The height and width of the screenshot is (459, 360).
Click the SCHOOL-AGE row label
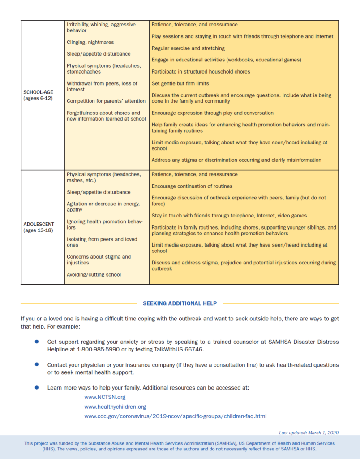38,92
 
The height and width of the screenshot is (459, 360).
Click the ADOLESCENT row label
38,224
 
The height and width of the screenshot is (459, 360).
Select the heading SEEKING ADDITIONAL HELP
180,303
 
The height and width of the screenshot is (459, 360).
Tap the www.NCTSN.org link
105,397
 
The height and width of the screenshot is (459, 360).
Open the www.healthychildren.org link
115,407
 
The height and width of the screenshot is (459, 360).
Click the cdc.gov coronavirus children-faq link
175,416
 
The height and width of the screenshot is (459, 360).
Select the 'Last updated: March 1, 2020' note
309,433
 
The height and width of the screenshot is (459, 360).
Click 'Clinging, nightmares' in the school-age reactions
90,42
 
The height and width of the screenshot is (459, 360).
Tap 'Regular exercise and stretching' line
188,48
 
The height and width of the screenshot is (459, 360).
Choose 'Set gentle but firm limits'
180,83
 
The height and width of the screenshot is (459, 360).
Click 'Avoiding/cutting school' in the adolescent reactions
94,274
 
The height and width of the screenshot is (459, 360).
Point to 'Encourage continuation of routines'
192,186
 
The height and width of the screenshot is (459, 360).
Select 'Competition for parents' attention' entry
106,101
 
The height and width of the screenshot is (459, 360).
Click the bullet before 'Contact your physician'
37,365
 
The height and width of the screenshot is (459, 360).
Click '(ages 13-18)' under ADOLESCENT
38,230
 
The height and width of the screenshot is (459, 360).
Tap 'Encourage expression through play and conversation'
212,113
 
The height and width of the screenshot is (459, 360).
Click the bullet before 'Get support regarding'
37,342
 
